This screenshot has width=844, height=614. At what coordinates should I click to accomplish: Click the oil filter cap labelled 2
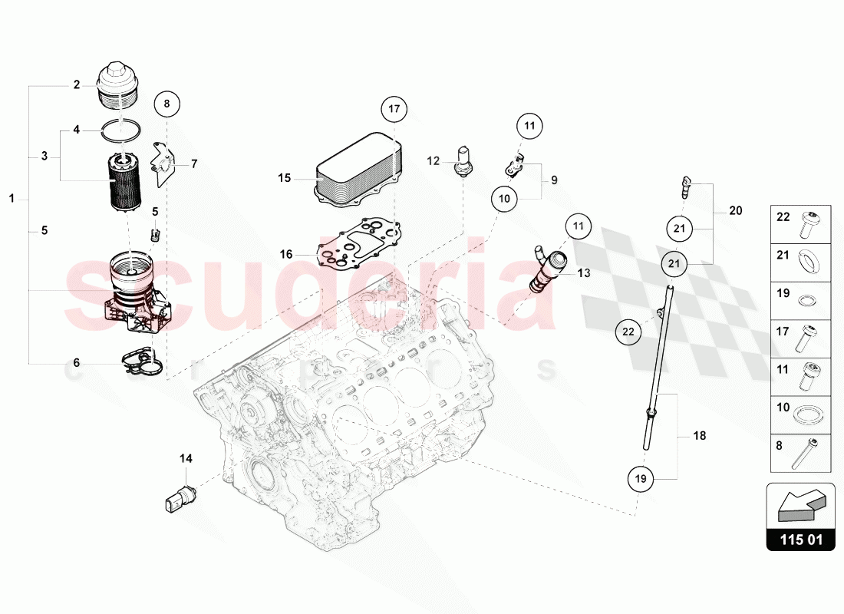(x=120, y=87)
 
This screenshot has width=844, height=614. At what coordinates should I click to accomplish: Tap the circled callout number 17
(x=394, y=109)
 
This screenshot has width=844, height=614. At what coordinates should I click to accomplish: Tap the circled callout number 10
(x=504, y=199)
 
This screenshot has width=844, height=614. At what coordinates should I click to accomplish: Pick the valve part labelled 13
(x=547, y=270)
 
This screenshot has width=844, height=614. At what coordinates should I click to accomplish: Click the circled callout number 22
(x=628, y=332)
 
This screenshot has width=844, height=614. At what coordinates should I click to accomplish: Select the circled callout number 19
(x=641, y=479)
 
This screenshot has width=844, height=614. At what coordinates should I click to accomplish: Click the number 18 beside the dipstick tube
(x=699, y=436)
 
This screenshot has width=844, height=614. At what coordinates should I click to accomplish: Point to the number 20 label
(x=736, y=210)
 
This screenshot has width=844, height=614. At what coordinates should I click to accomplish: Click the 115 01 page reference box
(x=801, y=540)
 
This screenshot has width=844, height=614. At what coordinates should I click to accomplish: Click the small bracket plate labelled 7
(x=162, y=162)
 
